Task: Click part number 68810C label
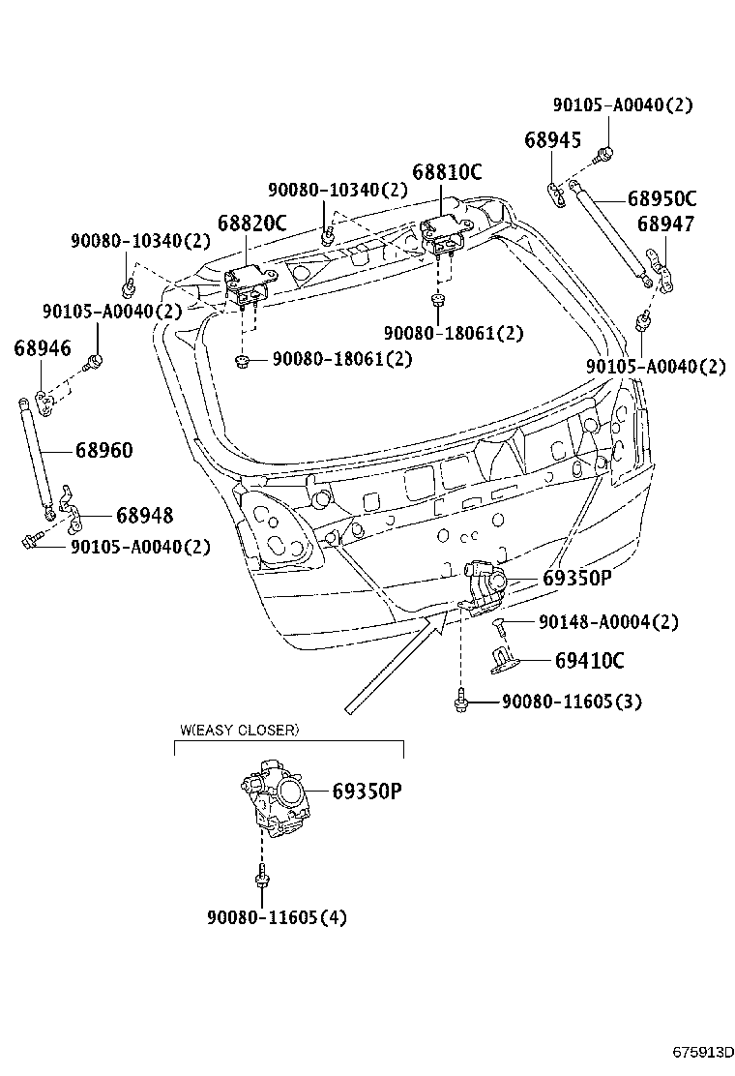point(447,172)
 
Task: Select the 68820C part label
point(251,223)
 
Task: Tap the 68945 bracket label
point(553,140)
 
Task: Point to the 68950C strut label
point(661,199)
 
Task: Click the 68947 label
point(665,224)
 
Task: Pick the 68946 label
point(43,348)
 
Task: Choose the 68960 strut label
point(103,451)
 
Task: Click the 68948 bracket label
point(145,516)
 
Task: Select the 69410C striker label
point(589,661)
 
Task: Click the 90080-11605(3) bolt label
point(572,702)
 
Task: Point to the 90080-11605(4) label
point(277,916)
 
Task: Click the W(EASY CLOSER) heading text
point(240,730)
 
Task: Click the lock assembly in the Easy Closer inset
point(276,798)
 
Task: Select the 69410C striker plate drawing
point(505,658)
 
